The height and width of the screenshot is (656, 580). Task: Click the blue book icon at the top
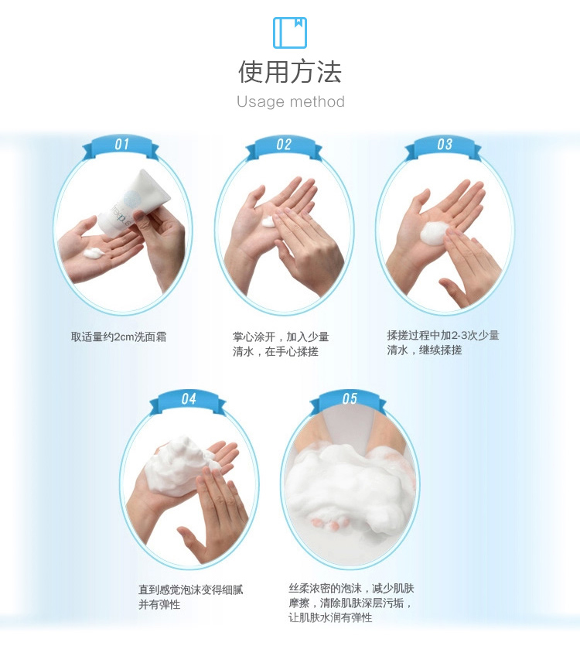click(x=290, y=32)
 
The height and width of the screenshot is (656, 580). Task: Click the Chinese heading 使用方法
click(x=290, y=72)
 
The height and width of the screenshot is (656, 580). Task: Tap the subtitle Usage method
click(x=291, y=101)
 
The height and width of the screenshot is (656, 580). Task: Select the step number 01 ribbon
click(x=121, y=147)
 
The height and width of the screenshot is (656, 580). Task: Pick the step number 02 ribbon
click(x=284, y=147)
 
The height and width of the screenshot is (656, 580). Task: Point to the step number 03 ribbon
click(x=444, y=147)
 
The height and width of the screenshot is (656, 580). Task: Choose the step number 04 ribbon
click(x=188, y=401)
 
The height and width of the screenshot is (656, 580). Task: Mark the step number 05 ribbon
click(x=349, y=401)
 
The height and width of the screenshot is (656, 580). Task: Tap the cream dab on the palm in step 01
click(x=93, y=253)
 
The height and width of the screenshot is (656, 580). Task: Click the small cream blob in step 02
click(x=269, y=222)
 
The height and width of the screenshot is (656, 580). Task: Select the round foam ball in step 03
click(x=434, y=233)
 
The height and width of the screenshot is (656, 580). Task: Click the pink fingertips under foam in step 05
click(x=330, y=522)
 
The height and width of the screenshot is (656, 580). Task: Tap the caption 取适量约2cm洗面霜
click(x=119, y=337)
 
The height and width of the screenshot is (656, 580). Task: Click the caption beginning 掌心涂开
click(x=281, y=344)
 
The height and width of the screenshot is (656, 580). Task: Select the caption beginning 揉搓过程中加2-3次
click(x=443, y=343)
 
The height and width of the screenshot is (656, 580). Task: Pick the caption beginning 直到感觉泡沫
click(x=191, y=597)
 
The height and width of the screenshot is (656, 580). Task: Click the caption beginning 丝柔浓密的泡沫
click(x=351, y=603)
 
